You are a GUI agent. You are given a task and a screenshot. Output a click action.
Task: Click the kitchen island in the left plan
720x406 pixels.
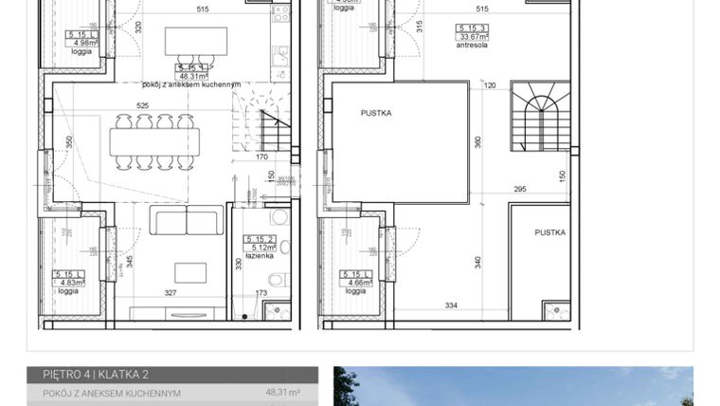tap(197, 42)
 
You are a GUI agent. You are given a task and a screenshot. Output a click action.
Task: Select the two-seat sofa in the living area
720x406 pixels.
tap(187, 221)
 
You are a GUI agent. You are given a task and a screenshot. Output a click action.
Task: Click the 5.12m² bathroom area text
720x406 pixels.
tap(256, 249)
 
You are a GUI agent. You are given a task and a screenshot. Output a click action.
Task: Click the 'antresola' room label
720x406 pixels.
tap(470, 44)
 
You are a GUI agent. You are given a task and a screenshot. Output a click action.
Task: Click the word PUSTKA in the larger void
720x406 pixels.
tap(376, 113)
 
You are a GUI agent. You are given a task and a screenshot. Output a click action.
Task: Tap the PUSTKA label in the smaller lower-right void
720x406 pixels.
tap(549, 232)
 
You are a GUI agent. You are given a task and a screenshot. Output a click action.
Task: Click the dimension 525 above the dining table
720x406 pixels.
tap(143, 105)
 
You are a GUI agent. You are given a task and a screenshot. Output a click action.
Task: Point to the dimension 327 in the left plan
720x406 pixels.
tap(171, 293)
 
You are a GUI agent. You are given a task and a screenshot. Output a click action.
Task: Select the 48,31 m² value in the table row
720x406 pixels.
tap(282, 392)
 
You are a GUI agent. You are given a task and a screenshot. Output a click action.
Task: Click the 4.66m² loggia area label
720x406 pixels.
tap(356, 282)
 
